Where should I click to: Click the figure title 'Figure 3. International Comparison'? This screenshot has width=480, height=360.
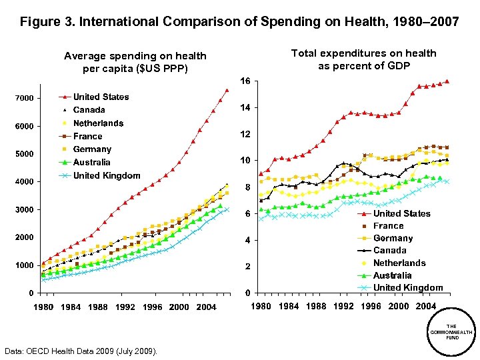(x=239, y=22)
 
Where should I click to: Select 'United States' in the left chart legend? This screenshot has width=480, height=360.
(x=101, y=97)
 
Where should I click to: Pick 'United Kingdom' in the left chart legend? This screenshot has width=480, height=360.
(x=107, y=175)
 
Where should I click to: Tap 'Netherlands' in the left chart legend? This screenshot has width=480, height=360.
(x=98, y=123)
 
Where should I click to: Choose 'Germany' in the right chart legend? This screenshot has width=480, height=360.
(x=393, y=238)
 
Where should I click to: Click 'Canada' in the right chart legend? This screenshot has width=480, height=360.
(x=389, y=251)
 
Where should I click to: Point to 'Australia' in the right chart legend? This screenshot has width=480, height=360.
(x=392, y=275)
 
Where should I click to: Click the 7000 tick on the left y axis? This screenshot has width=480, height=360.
(x=25, y=99)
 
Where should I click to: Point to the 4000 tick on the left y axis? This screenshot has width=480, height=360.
(x=25, y=182)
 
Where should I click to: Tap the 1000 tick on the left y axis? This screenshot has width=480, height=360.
(x=25, y=265)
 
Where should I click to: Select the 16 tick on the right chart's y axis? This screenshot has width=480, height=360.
(x=245, y=81)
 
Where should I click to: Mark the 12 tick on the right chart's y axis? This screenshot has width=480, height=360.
(x=245, y=135)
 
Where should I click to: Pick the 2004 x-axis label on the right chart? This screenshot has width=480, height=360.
(x=426, y=307)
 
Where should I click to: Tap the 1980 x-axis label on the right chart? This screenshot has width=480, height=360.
(x=261, y=307)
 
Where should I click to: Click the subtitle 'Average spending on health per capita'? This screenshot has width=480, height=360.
(x=135, y=62)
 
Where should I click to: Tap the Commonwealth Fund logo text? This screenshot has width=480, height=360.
(x=451, y=331)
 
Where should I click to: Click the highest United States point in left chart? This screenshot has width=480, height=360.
(x=227, y=90)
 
